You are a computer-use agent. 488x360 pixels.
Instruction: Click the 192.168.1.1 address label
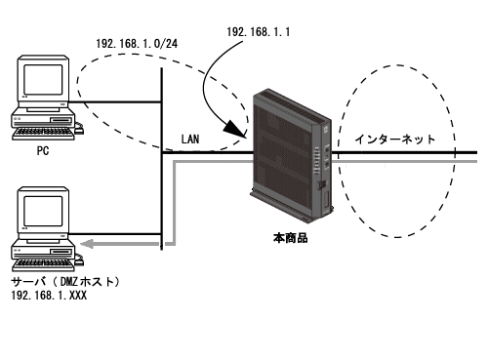click(258, 32)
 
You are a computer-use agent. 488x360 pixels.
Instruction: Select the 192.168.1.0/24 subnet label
click(137, 44)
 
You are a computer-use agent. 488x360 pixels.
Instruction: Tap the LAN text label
click(190, 140)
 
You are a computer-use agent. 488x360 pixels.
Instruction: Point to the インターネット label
click(394, 140)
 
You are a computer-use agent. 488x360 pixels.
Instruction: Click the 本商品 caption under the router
click(290, 238)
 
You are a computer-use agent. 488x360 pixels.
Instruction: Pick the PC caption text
click(43, 151)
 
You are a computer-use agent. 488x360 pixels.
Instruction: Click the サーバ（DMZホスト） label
click(65, 282)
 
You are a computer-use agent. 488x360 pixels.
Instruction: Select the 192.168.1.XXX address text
click(49, 296)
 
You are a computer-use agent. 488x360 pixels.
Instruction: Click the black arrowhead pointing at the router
click(235, 129)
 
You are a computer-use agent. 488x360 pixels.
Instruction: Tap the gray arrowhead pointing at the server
click(87, 244)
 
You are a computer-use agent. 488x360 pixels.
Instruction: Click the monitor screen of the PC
click(43, 79)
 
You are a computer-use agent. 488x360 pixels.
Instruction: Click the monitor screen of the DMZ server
click(43, 211)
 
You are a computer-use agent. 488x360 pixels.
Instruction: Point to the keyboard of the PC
click(43, 134)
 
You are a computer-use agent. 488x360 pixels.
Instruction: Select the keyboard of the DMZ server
click(43, 265)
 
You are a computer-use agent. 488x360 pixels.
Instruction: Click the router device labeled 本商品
click(292, 155)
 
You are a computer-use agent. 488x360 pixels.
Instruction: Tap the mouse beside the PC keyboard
click(79, 130)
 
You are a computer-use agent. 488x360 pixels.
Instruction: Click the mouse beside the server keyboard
click(79, 261)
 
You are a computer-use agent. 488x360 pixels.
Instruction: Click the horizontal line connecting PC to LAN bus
click(115, 102)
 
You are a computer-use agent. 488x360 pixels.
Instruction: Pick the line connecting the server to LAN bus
click(115, 234)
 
